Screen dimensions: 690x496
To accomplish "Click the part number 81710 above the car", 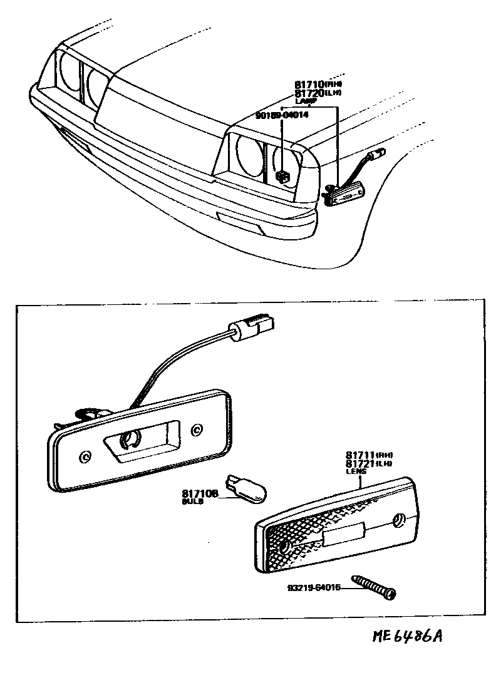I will (309, 85).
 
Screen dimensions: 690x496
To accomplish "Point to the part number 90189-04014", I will (282, 115).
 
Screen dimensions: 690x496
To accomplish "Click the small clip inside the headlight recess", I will (282, 176).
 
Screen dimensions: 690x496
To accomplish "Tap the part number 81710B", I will (199, 493).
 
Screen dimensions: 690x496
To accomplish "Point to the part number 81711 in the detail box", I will (360, 455).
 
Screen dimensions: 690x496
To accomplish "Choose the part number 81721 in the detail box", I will (360, 463).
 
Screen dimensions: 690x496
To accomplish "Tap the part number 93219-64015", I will (314, 588).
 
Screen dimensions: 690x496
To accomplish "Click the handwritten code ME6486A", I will (408, 637).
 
